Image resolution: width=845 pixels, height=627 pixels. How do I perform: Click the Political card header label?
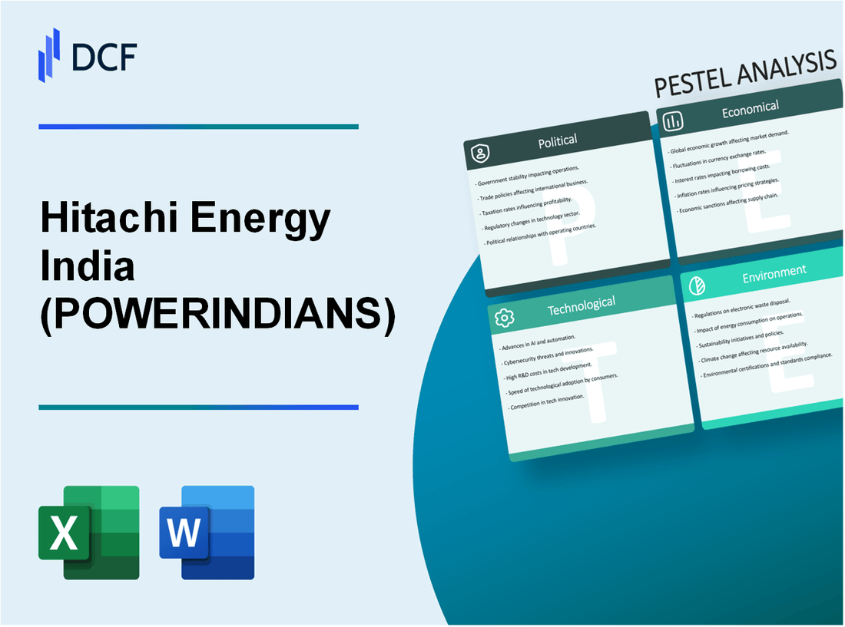(x=558, y=140)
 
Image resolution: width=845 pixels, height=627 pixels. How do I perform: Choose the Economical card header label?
(x=750, y=111)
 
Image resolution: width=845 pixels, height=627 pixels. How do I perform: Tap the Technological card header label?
(x=581, y=306)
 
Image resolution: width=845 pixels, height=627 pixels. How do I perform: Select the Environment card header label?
(x=775, y=271)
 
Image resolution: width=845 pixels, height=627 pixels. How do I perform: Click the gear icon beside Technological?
(x=505, y=318)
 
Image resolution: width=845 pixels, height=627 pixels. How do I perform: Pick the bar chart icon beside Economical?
(x=674, y=121)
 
